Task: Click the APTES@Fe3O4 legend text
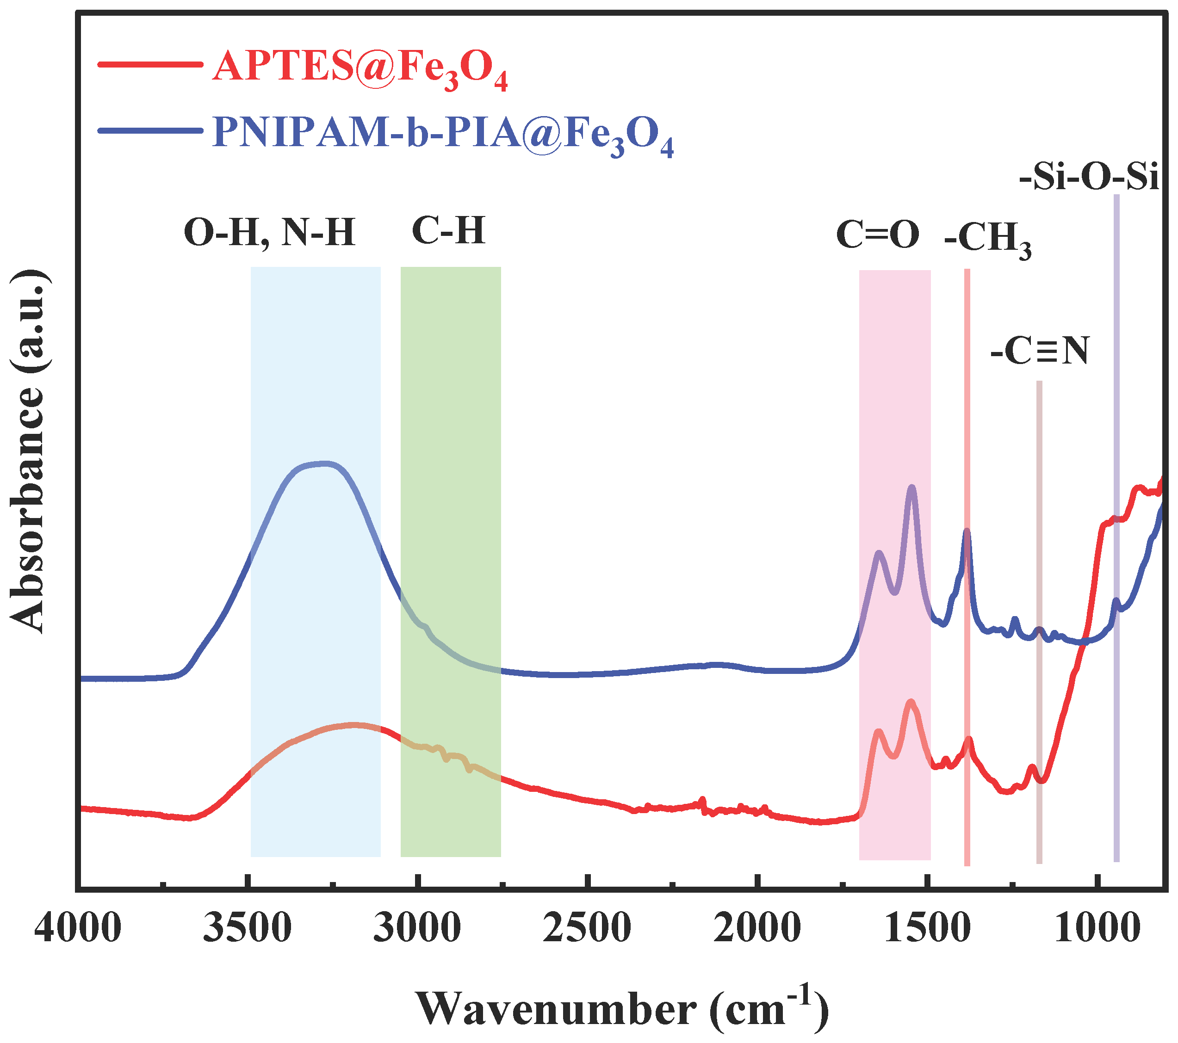360,68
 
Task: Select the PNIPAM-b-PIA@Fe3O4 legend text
443,134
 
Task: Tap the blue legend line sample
150,130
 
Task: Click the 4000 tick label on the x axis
78,929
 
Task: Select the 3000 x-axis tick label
417,929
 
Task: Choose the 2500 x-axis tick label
587,929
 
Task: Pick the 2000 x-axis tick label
756,929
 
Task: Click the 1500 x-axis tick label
927,929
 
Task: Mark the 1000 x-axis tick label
1097,929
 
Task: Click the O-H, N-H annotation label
269,233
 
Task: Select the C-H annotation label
448,231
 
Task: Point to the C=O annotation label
878,235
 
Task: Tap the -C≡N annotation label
1040,351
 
